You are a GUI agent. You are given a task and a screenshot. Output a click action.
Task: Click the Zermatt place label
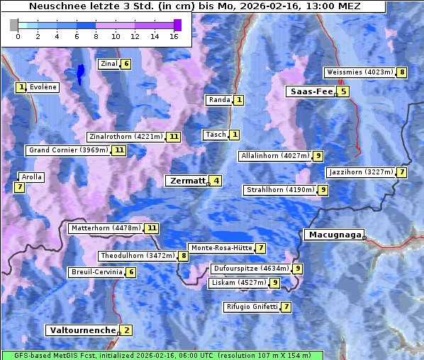186,181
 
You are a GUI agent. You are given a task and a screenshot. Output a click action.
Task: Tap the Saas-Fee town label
310,91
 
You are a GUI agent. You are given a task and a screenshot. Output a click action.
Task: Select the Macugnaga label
333,235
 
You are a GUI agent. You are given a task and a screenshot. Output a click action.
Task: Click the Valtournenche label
82,330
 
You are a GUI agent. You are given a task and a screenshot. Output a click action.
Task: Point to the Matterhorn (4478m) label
106,228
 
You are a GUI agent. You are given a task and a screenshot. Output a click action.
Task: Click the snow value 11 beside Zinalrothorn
174,137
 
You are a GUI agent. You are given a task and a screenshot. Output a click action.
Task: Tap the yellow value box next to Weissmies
402,72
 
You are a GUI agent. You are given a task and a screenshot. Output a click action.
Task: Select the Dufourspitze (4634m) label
251,269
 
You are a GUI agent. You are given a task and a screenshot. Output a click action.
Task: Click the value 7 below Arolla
19,187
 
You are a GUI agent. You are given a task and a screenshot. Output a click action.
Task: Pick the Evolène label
43,87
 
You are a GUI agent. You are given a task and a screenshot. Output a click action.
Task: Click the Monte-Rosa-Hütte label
221,248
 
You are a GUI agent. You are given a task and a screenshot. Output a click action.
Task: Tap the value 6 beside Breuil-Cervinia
130,272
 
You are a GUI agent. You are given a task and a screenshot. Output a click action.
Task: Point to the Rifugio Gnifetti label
252,307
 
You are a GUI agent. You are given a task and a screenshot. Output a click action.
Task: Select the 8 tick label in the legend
96,36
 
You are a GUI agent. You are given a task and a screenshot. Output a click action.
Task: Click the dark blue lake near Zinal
80,72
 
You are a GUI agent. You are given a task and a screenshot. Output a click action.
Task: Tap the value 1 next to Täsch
235,135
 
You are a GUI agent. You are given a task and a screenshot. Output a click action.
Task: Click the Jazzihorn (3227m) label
360,172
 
